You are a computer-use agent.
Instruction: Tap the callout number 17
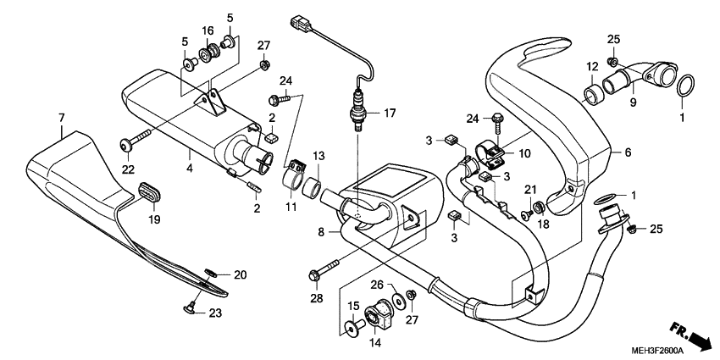point(389,112)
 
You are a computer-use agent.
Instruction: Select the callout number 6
point(629,153)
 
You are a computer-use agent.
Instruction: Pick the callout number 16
point(208,30)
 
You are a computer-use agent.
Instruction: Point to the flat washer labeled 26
point(395,303)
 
